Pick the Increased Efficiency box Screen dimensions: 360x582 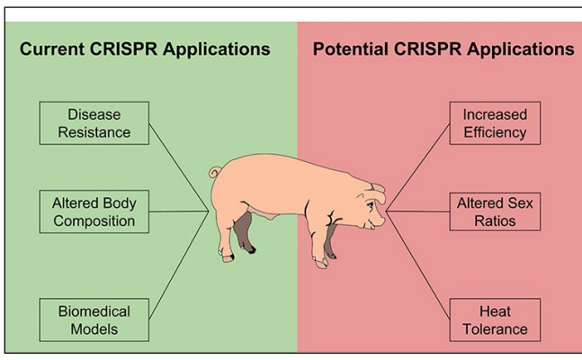click(494, 124)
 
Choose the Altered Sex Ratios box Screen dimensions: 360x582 click(494, 211)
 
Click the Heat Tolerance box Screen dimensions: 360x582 click(494, 320)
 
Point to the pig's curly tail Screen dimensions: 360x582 click(214, 173)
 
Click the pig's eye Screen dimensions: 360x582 click(370, 204)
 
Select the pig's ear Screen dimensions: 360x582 click(376, 190)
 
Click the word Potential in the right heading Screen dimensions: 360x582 click(347, 49)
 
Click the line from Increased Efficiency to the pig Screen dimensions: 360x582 click(418, 167)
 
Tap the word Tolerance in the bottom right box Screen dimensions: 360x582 click(494, 329)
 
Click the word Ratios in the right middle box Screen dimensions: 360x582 click(494, 220)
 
